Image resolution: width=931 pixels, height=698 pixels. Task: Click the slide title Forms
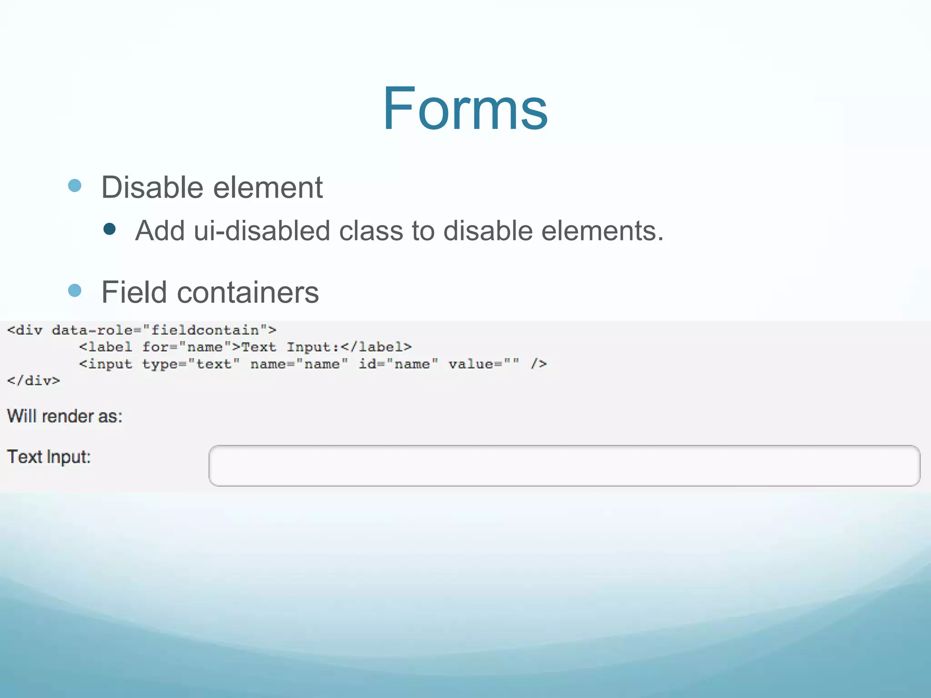pos(465,109)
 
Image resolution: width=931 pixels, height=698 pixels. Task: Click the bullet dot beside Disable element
pos(75,185)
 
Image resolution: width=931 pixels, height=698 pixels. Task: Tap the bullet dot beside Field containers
pos(75,290)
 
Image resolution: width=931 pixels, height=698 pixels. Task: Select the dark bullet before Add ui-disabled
pos(110,229)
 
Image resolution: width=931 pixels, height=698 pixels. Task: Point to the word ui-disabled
pos(262,230)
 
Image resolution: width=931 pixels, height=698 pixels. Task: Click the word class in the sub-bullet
pos(371,230)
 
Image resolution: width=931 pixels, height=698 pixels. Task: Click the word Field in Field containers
pos(134,292)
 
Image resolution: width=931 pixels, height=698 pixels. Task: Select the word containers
pos(248,292)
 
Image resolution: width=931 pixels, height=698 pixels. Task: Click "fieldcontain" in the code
pos(205,330)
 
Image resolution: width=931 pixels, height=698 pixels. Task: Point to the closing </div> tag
pos(33,380)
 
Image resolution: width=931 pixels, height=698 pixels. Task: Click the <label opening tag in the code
pos(105,347)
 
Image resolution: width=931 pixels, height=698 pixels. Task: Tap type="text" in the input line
pos(191,364)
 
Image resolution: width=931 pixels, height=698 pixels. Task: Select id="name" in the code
pos(398,364)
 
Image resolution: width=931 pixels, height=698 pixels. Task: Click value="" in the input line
pos(483,364)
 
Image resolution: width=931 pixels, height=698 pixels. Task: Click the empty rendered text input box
pos(564,466)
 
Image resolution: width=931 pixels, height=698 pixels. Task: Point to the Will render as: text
pos(65,416)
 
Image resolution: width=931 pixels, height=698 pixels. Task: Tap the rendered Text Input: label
pos(49,457)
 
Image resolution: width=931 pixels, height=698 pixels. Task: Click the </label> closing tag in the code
pos(376,347)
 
